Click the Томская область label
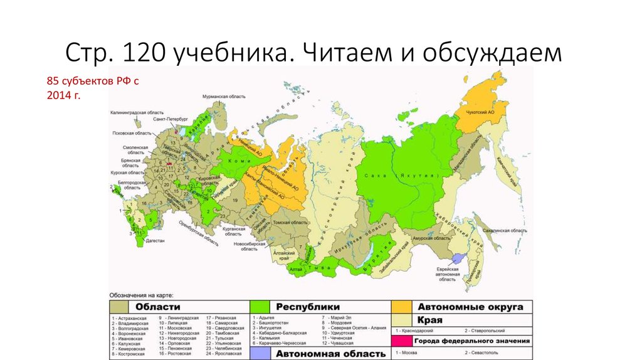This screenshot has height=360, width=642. [295, 223]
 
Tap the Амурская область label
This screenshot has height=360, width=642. [431, 238]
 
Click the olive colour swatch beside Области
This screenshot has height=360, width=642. [119, 307]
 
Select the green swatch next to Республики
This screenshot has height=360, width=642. [261, 307]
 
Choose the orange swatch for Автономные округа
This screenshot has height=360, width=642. [403, 307]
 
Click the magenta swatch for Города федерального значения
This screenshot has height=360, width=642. [403, 341]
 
